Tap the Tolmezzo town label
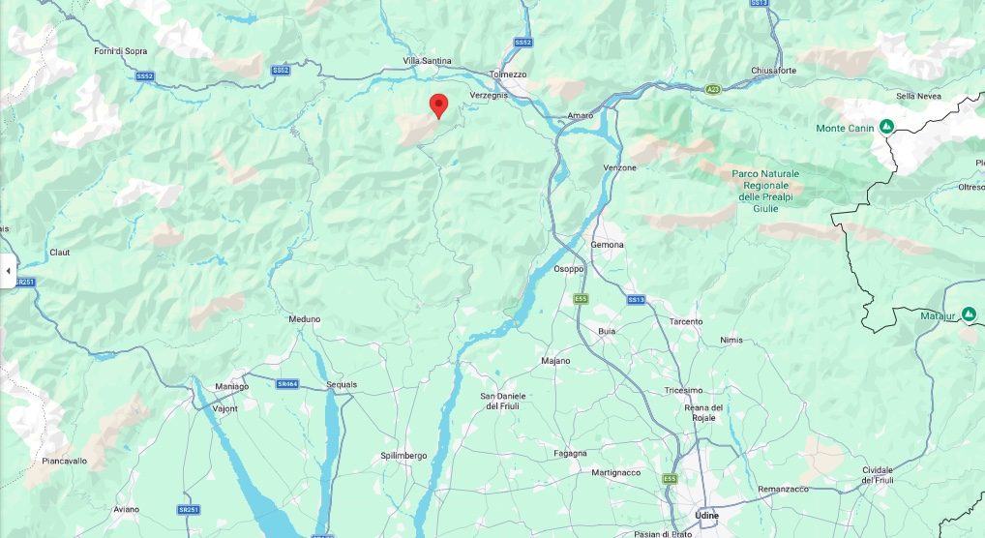click(x=508, y=74)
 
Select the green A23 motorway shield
click(x=713, y=89)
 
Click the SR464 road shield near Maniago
click(x=287, y=384)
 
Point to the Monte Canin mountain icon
click(x=885, y=127)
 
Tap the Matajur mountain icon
click(x=969, y=314)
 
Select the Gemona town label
click(x=608, y=245)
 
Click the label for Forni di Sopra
click(x=121, y=50)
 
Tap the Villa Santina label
click(x=427, y=61)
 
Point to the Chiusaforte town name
click(x=774, y=71)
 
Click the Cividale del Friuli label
click(x=878, y=474)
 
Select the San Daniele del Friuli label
click(x=503, y=402)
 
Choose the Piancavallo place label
click(x=65, y=461)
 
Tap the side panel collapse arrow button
click(x=8, y=271)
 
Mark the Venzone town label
click(x=619, y=167)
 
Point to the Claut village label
click(x=60, y=253)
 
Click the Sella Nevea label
click(x=918, y=96)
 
